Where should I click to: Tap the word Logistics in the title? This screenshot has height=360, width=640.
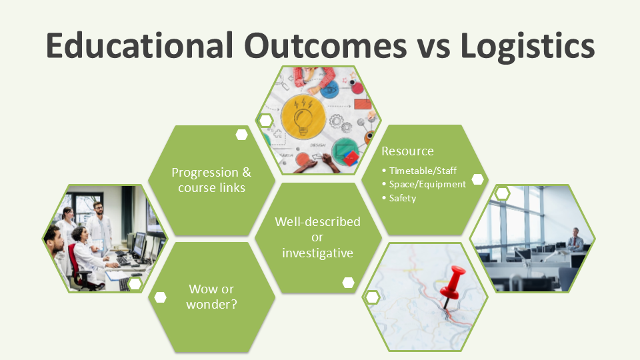527,47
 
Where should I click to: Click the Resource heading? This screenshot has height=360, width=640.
407,151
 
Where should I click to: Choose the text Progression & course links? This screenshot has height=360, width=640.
211,180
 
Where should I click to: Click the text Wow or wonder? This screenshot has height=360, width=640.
211,297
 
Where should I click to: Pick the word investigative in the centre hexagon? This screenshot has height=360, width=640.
317,253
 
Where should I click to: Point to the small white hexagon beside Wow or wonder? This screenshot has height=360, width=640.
161,297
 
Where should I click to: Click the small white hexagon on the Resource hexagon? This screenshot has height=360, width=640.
477,179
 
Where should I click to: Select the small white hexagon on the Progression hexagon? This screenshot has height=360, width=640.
241,135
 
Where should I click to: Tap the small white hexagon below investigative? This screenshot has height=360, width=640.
348,283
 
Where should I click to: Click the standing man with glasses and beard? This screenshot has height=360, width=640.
99,225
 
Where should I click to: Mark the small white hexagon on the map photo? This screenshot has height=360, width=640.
372,297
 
